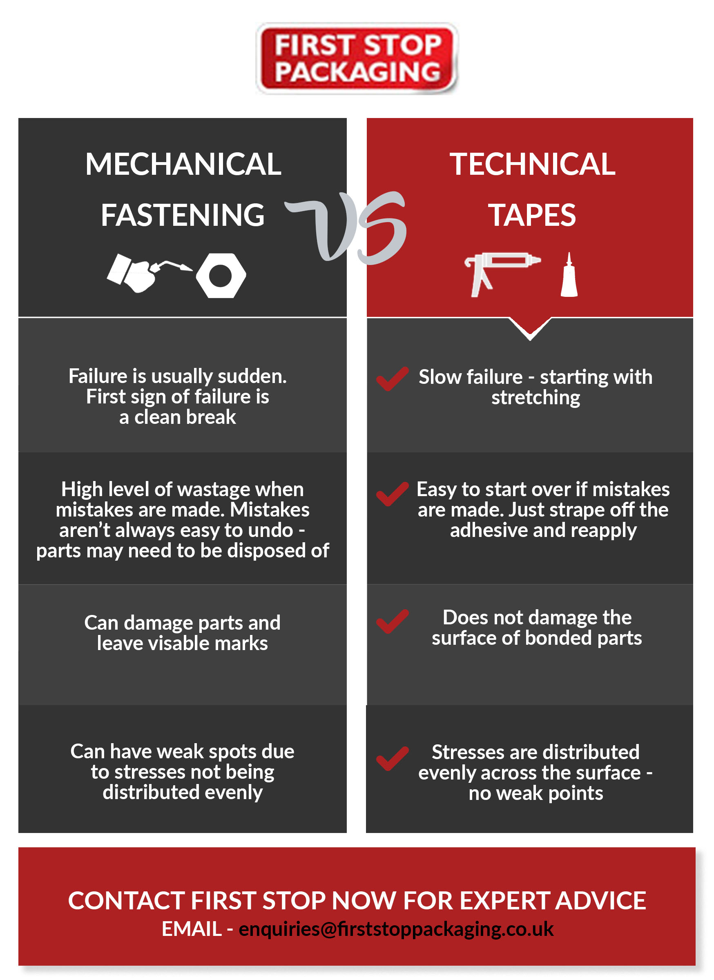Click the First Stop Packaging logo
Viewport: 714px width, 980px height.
pos(357,59)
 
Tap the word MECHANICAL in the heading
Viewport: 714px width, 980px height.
pos(183,164)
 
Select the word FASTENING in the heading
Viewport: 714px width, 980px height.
pos(183,215)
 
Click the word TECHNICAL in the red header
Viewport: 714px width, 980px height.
pos(533,164)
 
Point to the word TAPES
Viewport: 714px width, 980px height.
pos(532,215)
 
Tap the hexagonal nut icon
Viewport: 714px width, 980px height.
pos(221,276)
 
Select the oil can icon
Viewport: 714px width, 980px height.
pos(149,273)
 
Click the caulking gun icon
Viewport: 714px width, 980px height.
pos(501,274)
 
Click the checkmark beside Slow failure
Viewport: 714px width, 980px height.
pos(392,379)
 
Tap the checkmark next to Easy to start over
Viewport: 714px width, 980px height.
pos(392,494)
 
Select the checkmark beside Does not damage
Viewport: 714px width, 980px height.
pos(392,621)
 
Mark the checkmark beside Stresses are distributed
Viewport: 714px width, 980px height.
pos(392,758)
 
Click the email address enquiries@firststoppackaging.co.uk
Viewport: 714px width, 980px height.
pos(396,929)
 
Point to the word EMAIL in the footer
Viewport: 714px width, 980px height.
pos(192,929)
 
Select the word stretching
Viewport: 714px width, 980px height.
pos(535,398)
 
